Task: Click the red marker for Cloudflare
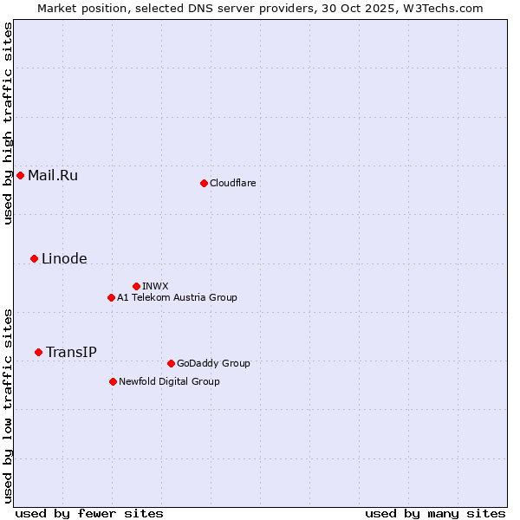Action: pos(204,183)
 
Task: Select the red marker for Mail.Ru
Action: pos(20,176)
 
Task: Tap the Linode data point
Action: pos(34,258)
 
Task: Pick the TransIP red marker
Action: pos(38,352)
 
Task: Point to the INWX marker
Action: pos(136,286)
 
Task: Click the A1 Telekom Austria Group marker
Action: pos(111,297)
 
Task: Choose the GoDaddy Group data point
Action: pos(171,363)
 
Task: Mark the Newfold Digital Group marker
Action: pos(113,381)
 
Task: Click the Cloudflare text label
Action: pos(233,183)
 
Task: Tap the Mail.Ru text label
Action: pos(53,176)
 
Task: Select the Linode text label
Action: pos(64,258)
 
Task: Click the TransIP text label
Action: pos(71,352)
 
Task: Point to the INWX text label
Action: pos(156,286)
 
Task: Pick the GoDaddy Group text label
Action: pos(213,363)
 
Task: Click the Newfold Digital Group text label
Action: pos(169,381)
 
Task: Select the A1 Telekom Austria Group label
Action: pos(177,297)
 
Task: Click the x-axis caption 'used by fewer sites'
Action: pos(89,513)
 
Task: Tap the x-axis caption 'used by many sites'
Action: pos(435,513)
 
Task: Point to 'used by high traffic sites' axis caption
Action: pos(8,123)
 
